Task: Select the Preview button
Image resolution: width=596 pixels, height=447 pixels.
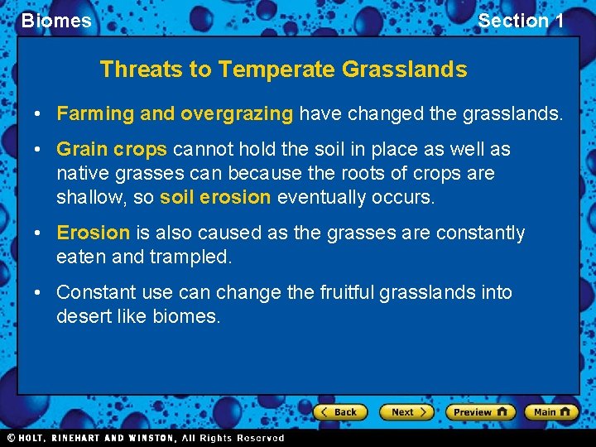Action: [479, 411]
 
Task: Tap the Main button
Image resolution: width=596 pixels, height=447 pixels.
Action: [552, 411]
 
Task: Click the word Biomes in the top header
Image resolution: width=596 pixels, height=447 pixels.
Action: [56, 21]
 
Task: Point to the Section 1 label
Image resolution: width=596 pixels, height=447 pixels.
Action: [521, 21]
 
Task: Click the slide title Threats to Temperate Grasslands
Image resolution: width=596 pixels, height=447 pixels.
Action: [283, 70]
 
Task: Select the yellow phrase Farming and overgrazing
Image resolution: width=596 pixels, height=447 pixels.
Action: [175, 113]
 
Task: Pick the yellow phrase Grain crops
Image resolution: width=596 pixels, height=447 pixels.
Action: [112, 150]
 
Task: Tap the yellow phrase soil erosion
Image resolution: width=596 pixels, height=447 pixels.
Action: [215, 197]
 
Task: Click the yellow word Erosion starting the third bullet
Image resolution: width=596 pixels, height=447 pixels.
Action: [93, 233]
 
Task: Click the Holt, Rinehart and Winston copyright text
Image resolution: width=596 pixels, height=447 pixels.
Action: [145, 438]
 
